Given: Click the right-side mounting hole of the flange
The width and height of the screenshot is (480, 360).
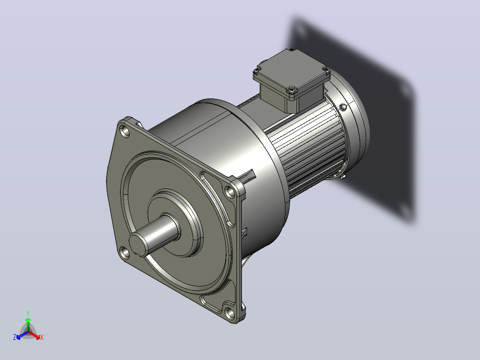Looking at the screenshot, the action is coord(230,192).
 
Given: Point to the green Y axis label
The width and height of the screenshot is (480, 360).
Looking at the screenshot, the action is coord(28,313).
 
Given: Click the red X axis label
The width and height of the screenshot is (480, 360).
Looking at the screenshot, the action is coord(42,337).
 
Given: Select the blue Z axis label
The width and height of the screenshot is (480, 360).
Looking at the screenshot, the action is coord(15,337).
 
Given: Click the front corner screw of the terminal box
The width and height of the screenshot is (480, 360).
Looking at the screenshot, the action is coord(291,90).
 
